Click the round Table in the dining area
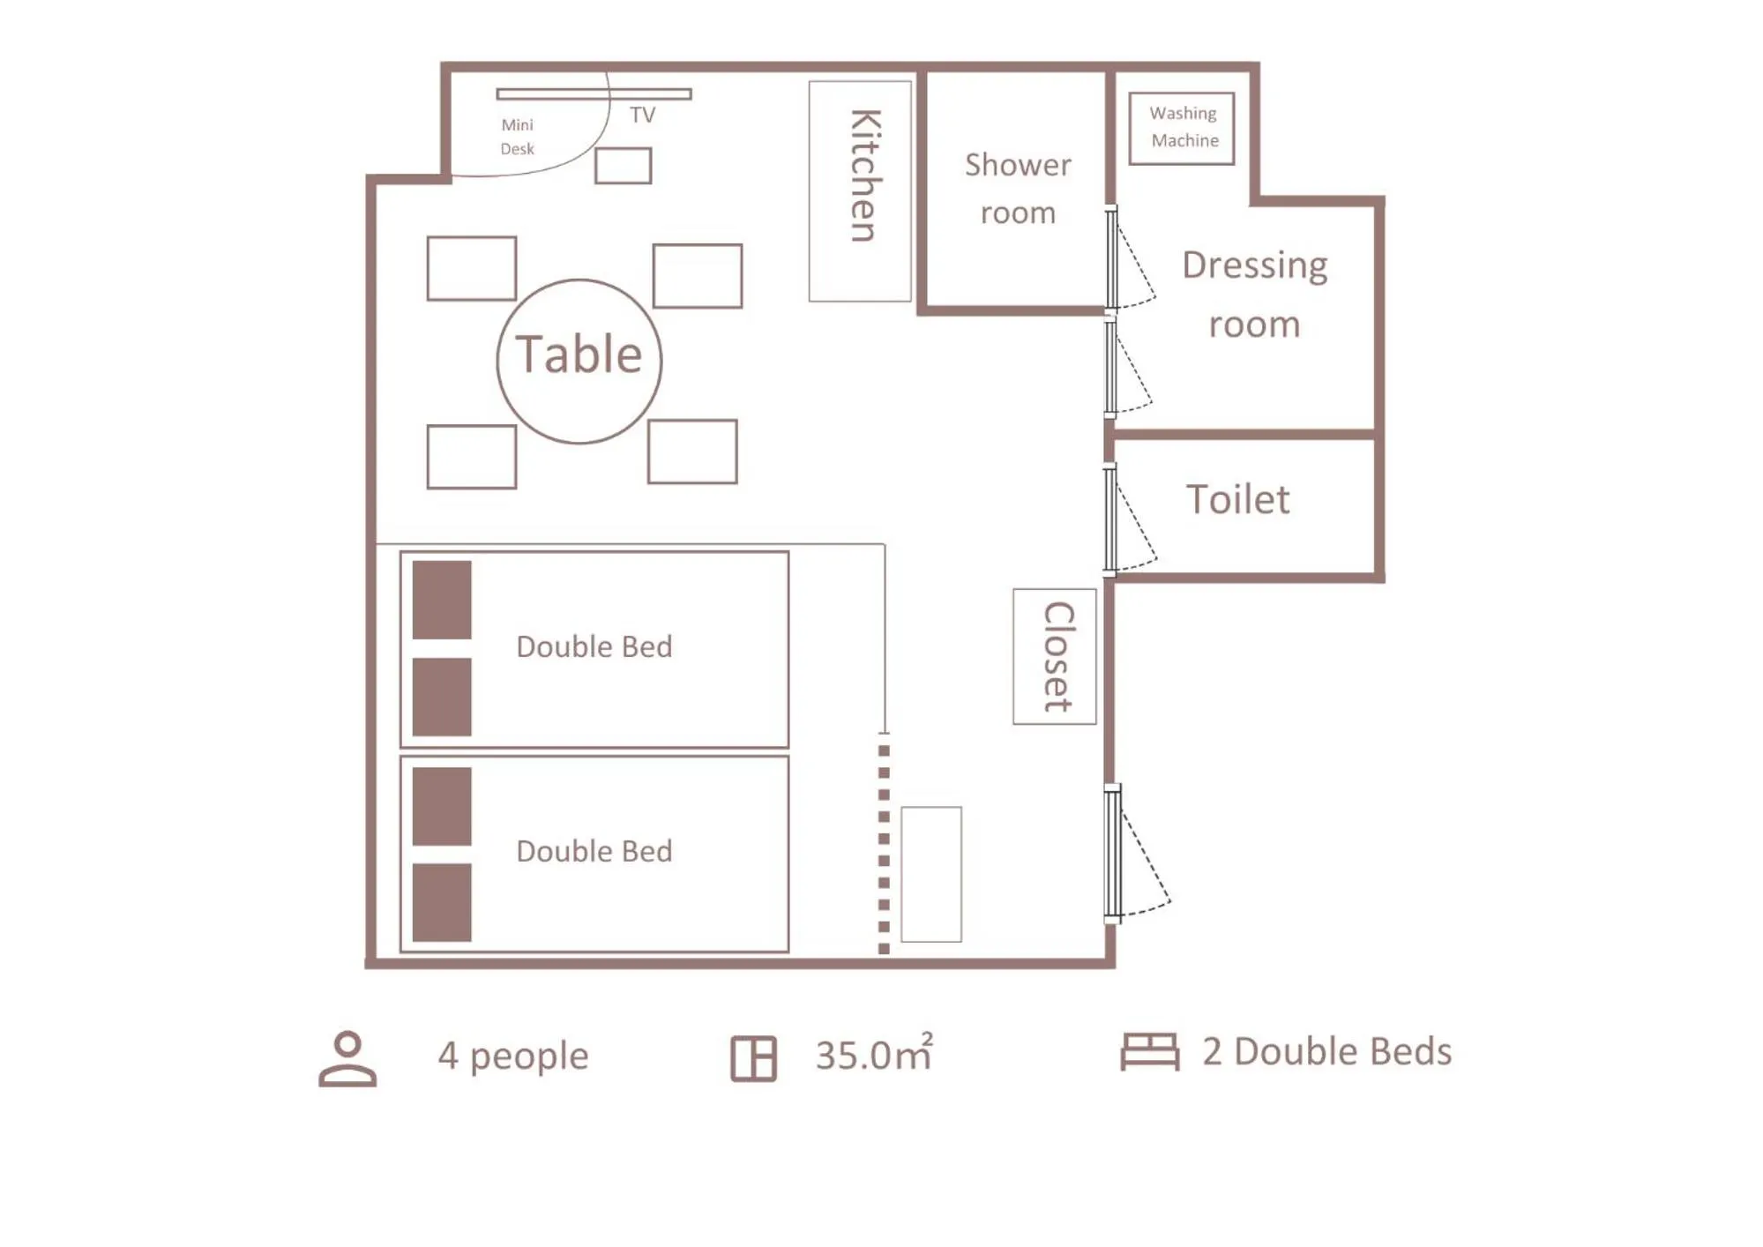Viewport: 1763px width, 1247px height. [x=579, y=361]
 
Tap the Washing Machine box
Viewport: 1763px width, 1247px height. [x=1181, y=128]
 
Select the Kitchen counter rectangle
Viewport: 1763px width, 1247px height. [x=860, y=190]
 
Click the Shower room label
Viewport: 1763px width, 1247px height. [x=1017, y=188]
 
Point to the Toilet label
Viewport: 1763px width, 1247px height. [x=1237, y=500]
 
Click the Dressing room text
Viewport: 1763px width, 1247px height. [x=1253, y=294]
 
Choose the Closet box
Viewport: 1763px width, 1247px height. [x=1054, y=656]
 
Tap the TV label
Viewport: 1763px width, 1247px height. [x=642, y=115]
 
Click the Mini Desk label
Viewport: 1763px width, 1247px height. [x=517, y=137]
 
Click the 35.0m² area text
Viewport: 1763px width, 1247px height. [x=873, y=1054]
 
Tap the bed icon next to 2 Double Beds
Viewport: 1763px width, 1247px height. [x=1149, y=1051]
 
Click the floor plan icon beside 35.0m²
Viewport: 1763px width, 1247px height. [x=753, y=1057]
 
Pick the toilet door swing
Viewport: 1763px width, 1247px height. [x=1131, y=520]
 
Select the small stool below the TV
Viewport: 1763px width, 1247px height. [x=623, y=166]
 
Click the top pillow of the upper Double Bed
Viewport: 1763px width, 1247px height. [x=442, y=600]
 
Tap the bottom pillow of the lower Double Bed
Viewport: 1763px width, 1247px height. [x=442, y=902]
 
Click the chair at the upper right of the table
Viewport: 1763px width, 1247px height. [x=697, y=276]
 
